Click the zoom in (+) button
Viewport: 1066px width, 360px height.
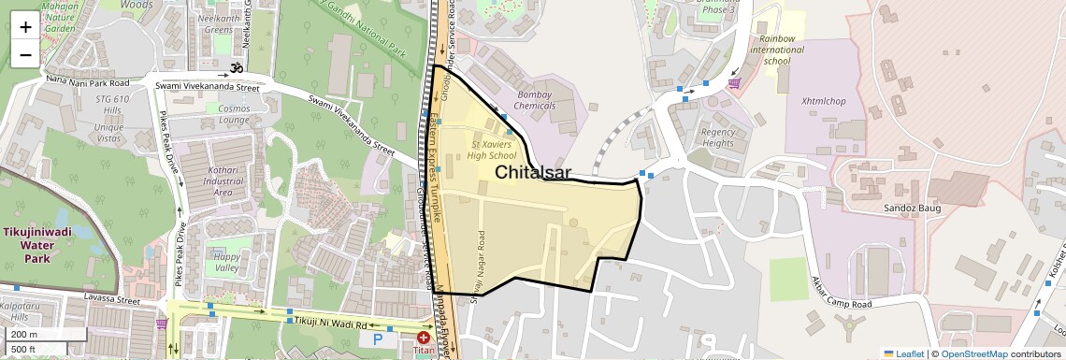click(x=25, y=26)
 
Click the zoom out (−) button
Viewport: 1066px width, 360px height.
click(x=25, y=54)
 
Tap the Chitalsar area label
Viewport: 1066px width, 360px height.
click(x=533, y=172)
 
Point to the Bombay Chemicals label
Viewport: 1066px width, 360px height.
click(x=536, y=100)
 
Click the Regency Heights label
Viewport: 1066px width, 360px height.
click(x=717, y=137)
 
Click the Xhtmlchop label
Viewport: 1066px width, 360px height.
click(x=823, y=101)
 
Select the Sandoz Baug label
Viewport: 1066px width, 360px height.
click(x=912, y=208)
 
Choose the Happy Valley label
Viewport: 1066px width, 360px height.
click(x=227, y=262)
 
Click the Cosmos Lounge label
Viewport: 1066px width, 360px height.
click(x=234, y=114)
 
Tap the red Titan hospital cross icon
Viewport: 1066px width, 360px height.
click(x=424, y=337)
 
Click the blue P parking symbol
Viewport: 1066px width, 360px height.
click(x=379, y=340)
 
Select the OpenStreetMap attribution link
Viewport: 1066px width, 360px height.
click(x=974, y=353)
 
